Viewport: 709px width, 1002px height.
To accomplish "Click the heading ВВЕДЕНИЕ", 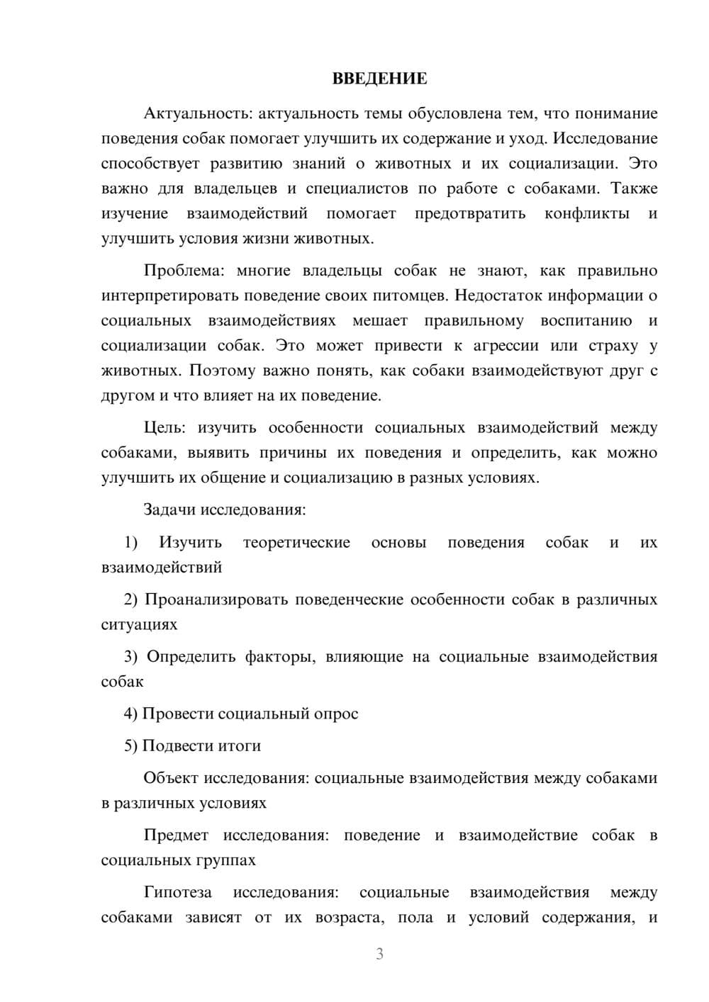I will pos(379,79).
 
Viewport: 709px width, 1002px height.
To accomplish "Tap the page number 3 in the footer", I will pos(379,954).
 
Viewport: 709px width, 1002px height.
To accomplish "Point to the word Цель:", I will pos(164,428).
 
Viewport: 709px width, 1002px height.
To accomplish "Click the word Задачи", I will pos(170,510).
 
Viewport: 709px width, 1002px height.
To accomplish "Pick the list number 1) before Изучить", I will pos(130,543).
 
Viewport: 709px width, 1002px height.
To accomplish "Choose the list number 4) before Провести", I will pos(130,714).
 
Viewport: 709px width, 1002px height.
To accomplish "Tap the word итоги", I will pos(237,745).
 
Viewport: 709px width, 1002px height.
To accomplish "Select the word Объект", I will pos(171,778).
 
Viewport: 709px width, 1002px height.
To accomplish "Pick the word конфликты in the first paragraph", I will pos(587,213).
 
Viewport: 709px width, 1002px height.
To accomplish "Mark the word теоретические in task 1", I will pos(296,543).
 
